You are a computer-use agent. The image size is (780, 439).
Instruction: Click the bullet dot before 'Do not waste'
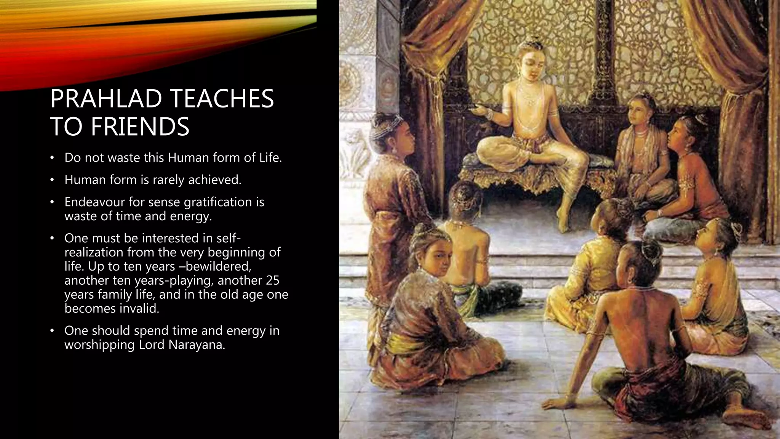pyautogui.click(x=53, y=158)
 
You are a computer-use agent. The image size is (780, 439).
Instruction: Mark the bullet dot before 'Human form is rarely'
pyautogui.click(x=53, y=180)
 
